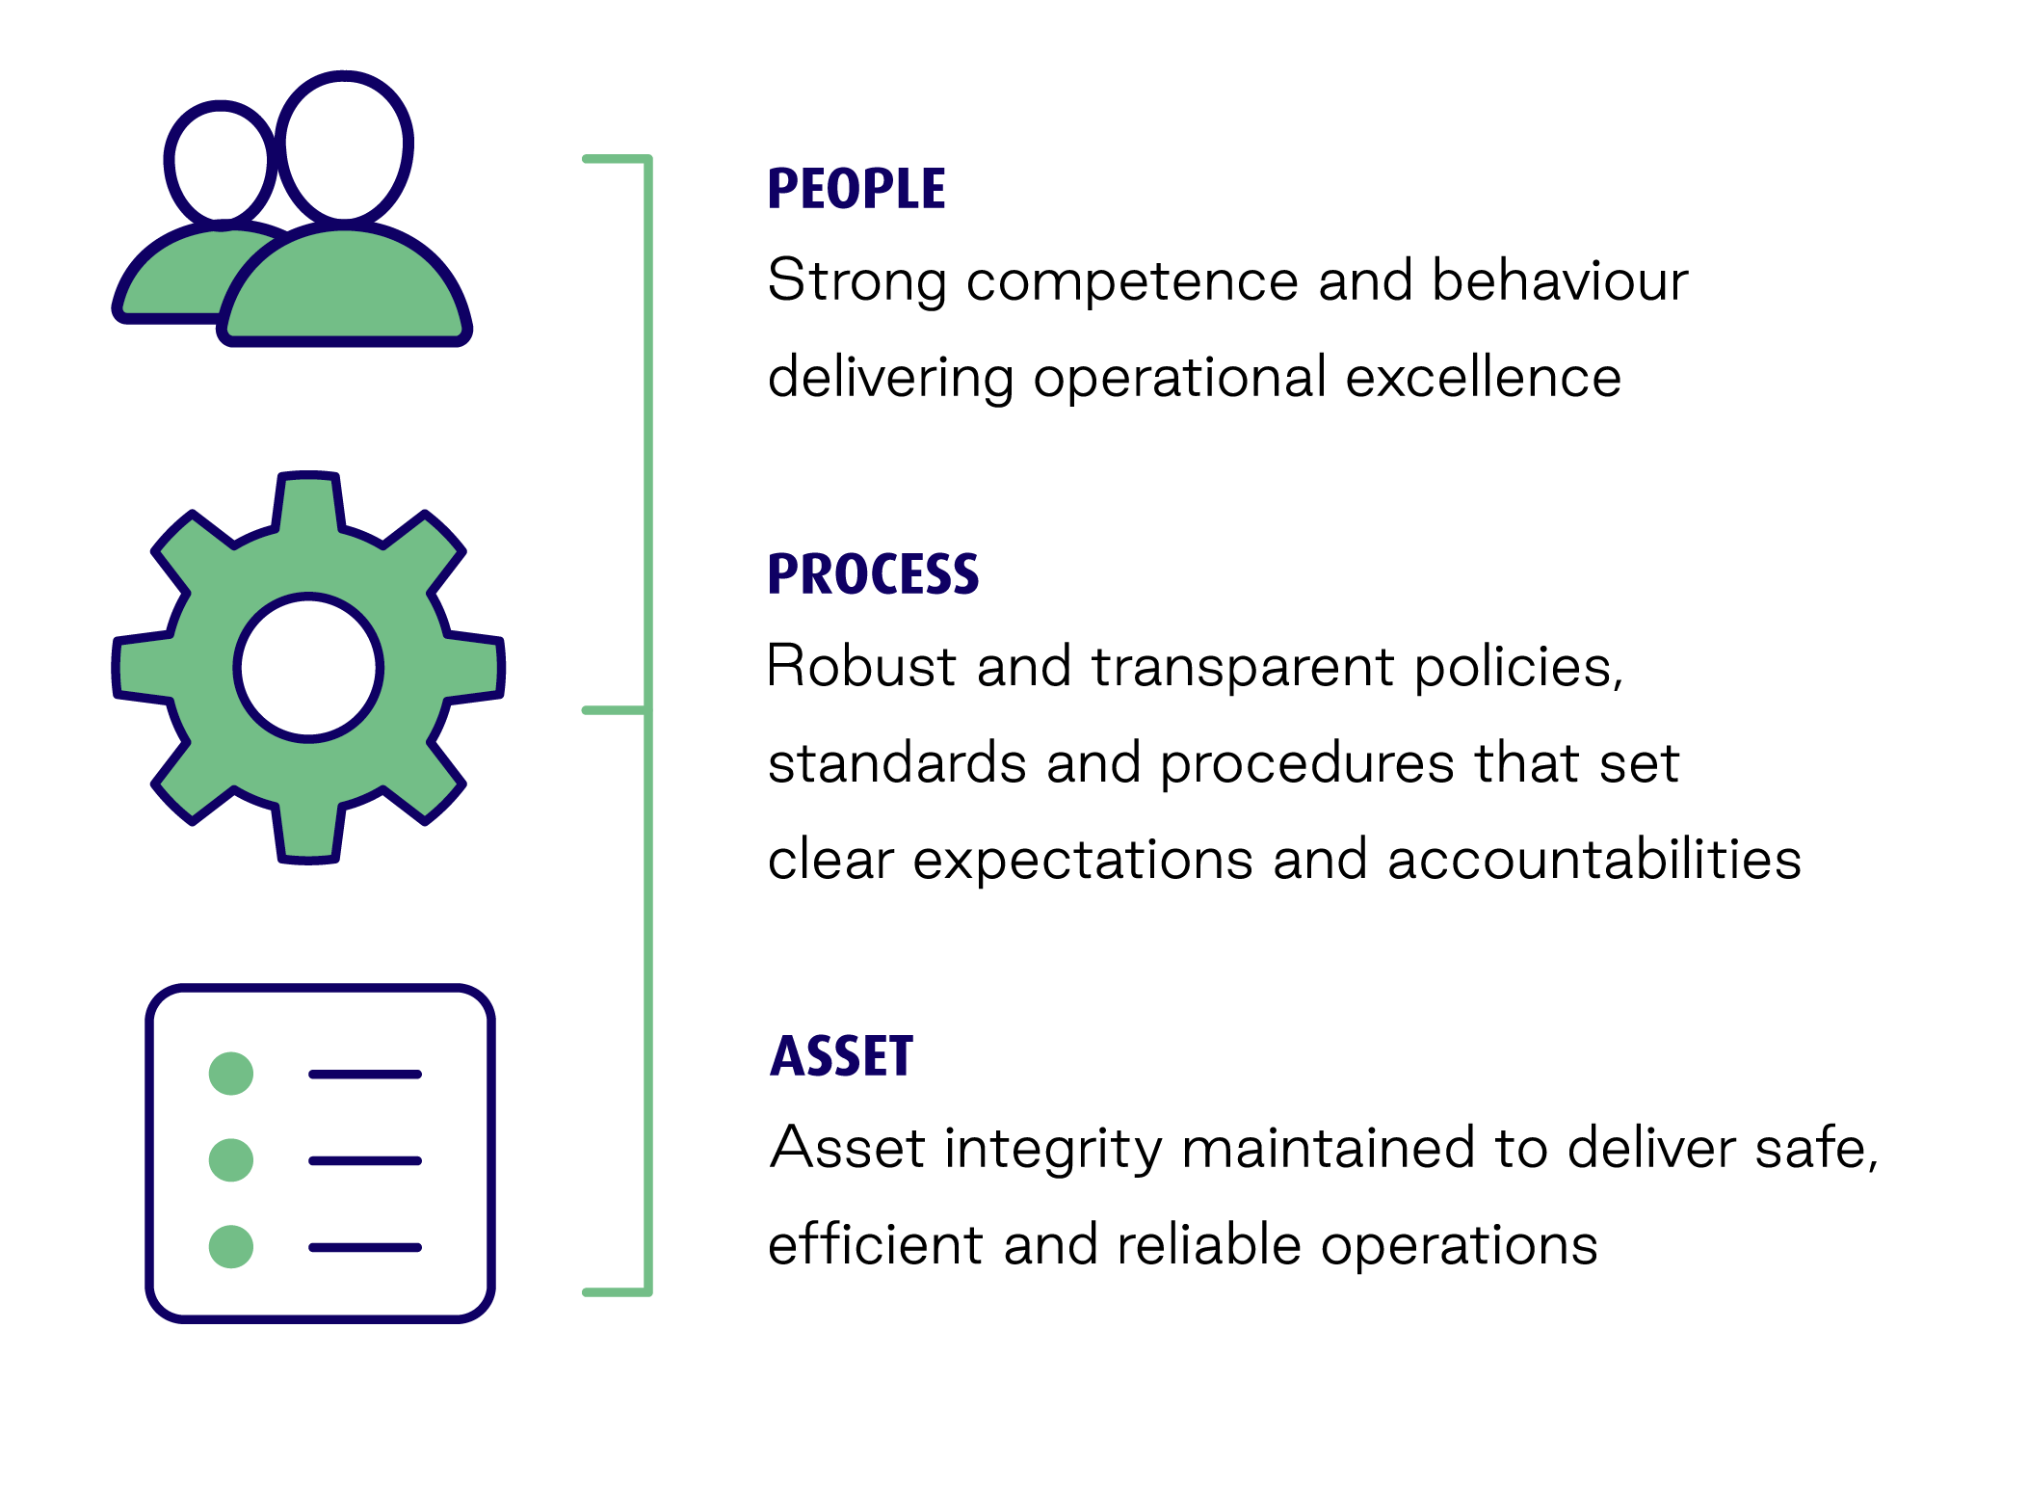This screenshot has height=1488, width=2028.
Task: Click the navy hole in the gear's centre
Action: [x=308, y=667]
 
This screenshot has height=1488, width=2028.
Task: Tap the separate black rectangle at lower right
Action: [x=1432, y=1198]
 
